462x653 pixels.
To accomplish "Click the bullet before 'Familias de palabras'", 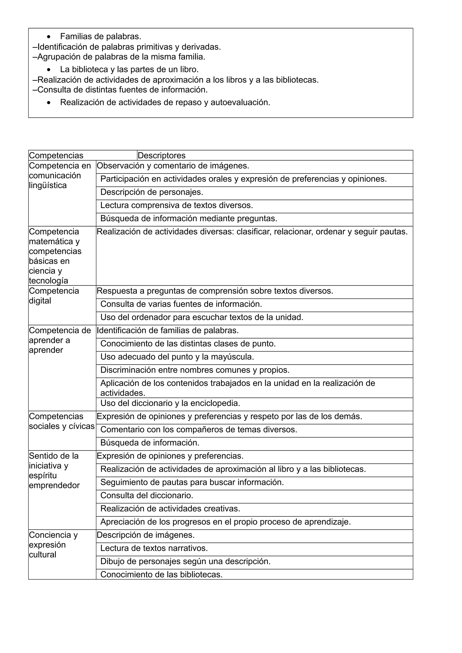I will pos(50,37).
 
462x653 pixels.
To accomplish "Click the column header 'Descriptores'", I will pos(161,155).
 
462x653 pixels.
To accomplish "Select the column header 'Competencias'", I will pos(56,155).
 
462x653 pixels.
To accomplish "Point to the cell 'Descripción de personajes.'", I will pos(152,192).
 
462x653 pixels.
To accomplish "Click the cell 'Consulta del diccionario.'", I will pos(147,495).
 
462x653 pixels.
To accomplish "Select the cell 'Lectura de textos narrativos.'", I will pos(154,548).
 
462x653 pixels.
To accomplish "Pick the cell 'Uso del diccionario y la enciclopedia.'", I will pos(170,403).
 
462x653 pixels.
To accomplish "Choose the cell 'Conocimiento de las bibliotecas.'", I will pos(161,575).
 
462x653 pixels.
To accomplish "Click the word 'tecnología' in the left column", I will pos(49,281).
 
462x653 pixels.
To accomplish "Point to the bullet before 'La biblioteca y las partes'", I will pos(50,70).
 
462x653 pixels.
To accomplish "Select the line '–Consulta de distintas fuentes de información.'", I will pos(120,90).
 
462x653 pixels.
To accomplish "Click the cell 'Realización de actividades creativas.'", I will pos(170,509).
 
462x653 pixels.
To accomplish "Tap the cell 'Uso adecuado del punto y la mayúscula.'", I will pos(177,357).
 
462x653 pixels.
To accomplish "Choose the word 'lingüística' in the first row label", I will pos(48,185).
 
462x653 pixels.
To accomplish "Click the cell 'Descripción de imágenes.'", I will pos(146,535).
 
